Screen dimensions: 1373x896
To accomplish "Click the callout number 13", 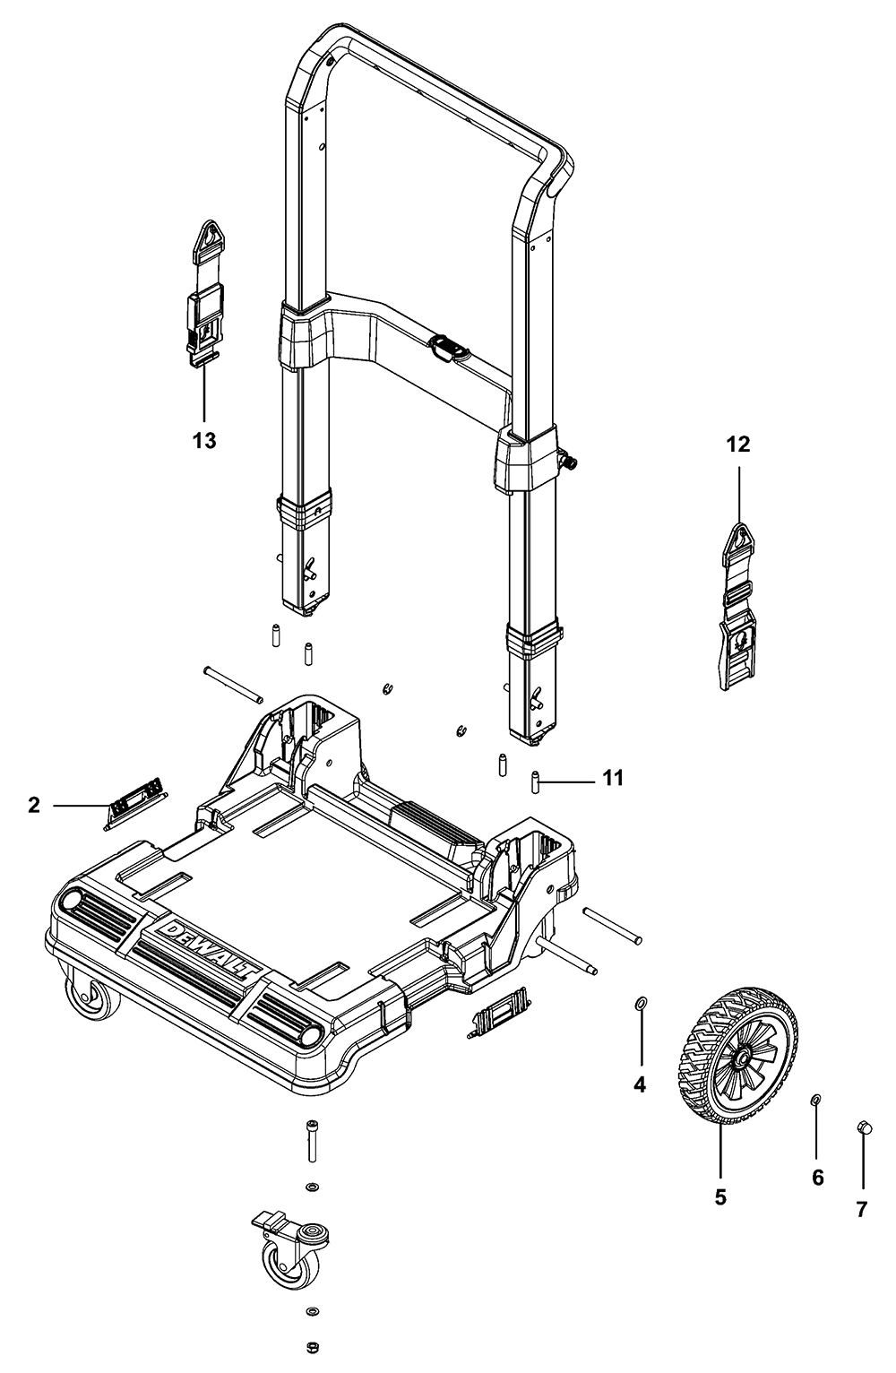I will pos(204,441).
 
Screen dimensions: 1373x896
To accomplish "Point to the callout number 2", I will pos(34,806).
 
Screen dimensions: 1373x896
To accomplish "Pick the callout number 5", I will pos(720,1196).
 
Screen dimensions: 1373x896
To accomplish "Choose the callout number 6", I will pos(817,1178).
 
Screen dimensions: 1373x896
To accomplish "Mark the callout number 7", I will pos(861,1210).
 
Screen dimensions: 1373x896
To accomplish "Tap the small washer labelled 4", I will pos(641,1000).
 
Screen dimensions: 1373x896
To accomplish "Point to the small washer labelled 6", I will pos(816,1099).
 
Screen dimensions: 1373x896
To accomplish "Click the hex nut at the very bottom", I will pos(311,1346).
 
